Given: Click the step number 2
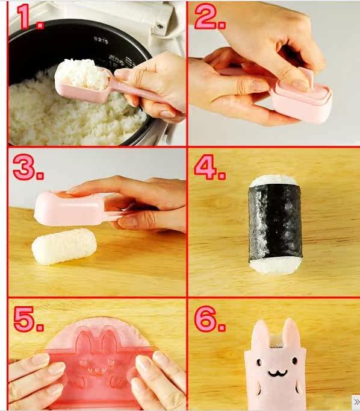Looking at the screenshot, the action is [x=209, y=16].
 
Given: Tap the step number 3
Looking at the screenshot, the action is [x=28, y=167].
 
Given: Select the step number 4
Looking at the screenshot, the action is [x=209, y=167].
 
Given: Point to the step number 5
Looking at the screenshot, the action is [x=28, y=319].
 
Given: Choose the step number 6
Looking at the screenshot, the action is [x=209, y=319].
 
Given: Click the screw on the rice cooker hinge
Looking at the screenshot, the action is [x=160, y=26].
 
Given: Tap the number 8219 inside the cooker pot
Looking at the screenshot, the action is [x=101, y=40].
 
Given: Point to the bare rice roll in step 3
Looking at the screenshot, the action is [x=64, y=246].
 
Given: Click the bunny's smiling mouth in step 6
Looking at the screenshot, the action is [x=278, y=372].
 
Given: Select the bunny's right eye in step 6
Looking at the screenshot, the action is [x=295, y=361].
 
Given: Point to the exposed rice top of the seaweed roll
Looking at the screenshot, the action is [x=275, y=180].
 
